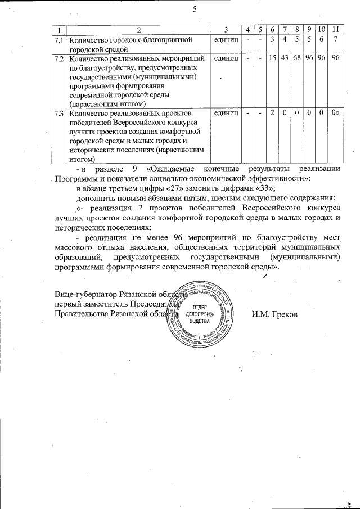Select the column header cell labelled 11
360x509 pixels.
tap(336, 29)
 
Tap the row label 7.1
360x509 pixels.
tap(58, 39)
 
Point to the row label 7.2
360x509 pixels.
tap(58, 58)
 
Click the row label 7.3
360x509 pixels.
tap(58, 114)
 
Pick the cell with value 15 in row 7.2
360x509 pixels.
tap(272, 58)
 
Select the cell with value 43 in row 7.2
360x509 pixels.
tap(285, 58)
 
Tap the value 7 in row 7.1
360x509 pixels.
tap(336, 39)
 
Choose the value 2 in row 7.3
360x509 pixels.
tap(272, 114)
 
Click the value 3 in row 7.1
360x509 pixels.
tap(272, 39)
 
